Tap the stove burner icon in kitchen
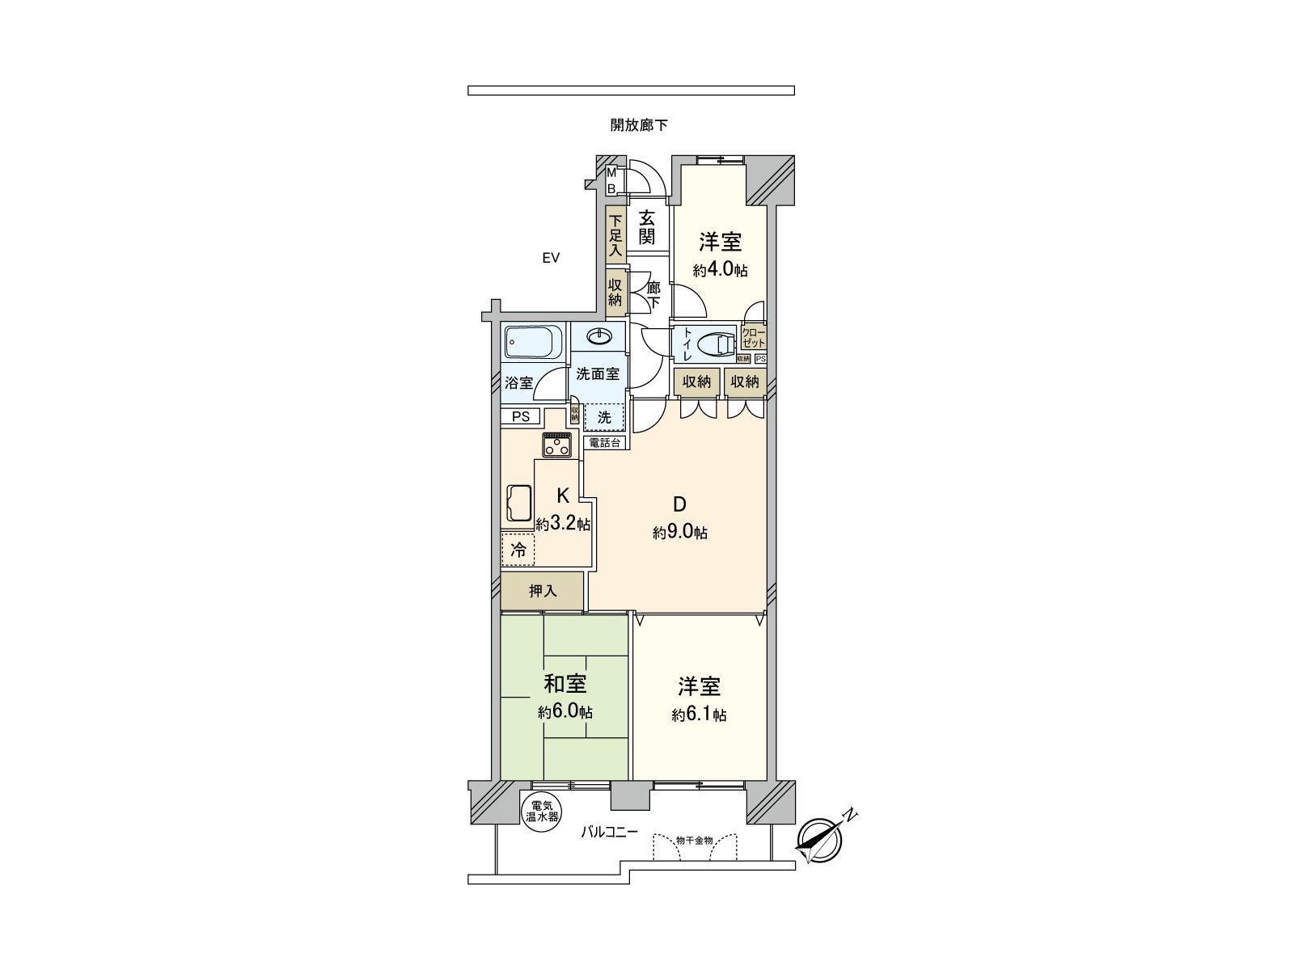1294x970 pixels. [x=558, y=445]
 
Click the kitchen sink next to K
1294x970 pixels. [x=518, y=505]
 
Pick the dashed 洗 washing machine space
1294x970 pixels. [x=604, y=417]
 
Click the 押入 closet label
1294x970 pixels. [x=542, y=591]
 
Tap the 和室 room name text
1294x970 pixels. [x=565, y=685]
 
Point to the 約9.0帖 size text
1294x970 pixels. [x=680, y=533]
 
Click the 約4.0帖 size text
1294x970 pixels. [x=720, y=270]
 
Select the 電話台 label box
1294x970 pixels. [x=604, y=442]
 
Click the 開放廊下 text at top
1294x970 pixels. [x=639, y=125]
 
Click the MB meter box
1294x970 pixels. [x=612, y=180]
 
